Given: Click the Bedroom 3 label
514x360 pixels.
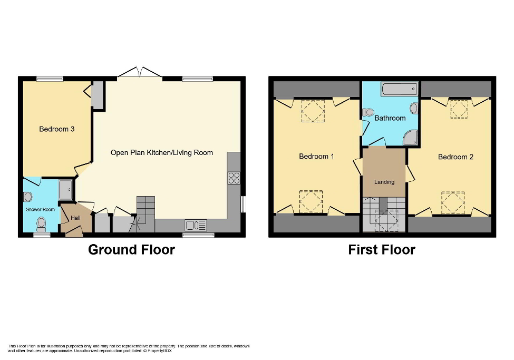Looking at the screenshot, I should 56,129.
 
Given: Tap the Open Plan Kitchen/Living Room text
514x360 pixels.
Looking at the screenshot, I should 161,153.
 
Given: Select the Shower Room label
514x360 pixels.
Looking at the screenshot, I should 41,210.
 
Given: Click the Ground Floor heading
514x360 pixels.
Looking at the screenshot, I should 131,249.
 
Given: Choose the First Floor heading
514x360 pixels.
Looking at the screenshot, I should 381,249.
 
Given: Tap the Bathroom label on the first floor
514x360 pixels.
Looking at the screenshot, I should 390,118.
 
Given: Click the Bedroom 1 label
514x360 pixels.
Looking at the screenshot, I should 316,157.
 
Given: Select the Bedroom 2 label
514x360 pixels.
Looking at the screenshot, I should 455,157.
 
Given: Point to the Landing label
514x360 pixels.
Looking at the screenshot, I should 384,182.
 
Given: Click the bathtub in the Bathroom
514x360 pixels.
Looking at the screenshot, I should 399,89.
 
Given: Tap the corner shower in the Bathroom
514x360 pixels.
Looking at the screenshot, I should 411,138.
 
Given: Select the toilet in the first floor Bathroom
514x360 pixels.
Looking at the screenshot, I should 368,112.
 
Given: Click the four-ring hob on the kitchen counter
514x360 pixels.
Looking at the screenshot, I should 234,178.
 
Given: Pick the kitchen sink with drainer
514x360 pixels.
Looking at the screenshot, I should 195,226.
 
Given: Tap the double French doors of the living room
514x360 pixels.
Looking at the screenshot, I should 139,74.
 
